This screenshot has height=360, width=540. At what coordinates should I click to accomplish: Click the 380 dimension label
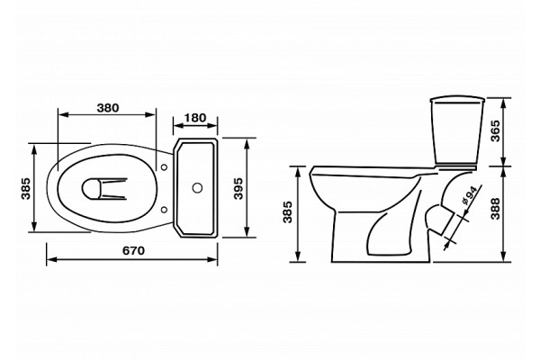point(108,108)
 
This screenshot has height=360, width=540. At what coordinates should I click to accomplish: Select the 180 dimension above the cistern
point(195,118)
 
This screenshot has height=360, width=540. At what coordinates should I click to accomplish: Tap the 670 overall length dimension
point(133,250)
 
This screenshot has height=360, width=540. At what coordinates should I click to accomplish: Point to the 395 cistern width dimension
point(238,188)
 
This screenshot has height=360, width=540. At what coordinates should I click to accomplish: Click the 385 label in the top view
point(26,188)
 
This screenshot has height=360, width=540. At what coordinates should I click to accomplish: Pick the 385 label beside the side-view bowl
point(288,211)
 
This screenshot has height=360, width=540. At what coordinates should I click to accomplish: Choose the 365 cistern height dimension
point(495,130)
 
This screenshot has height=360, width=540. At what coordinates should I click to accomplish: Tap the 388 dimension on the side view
point(495,209)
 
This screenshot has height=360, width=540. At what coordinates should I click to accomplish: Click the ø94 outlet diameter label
point(469,196)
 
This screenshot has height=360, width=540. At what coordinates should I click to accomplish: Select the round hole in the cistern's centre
point(197,188)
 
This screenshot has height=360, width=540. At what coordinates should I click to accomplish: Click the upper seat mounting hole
point(165,167)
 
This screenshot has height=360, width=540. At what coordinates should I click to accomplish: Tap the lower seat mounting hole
point(165,209)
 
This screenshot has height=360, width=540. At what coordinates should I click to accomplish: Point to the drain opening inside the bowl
point(92,188)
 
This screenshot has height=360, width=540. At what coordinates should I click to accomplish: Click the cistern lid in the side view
point(458,100)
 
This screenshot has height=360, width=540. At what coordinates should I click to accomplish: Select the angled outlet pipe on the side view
point(442,220)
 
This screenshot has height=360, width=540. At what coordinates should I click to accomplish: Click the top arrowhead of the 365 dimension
point(504,103)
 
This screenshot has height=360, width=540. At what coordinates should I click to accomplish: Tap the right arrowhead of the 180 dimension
point(212,125)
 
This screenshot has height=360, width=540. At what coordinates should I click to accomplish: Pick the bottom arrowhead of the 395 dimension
point(247,232)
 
